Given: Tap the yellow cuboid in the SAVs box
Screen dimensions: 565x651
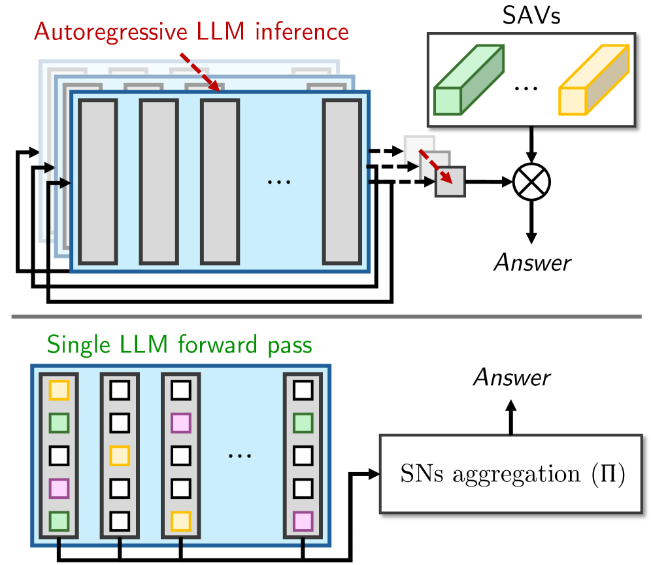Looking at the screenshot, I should [x=592, y=81].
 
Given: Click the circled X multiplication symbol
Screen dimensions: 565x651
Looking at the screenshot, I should [x=532, y=181].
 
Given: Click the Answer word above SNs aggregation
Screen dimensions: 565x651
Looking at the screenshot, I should [x=512, y=377].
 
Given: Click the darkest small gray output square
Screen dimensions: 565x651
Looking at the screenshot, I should [x=450, y=181].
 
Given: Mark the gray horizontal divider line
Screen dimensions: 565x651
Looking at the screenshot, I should [x=325, y=318].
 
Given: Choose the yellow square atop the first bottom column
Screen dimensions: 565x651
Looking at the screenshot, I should [x=59, y=390].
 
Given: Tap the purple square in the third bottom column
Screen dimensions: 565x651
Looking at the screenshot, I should [x=180, y=423].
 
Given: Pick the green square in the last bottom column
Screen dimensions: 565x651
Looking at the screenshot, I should [x=303, y=423].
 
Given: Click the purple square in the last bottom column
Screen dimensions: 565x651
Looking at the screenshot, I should [x=303, y=521].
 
